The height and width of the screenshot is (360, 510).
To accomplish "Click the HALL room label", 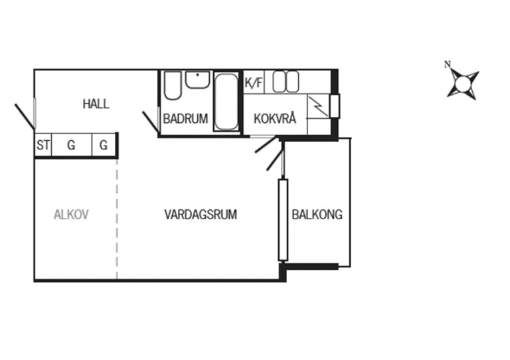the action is coord(96,104).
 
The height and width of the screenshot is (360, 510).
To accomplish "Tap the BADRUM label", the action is coord(185,119).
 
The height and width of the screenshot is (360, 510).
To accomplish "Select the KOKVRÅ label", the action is coord(275,119).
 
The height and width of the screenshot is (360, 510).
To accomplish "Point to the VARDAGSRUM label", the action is coord(201,215).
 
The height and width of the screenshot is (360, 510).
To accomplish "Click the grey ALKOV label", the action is coord(71,215).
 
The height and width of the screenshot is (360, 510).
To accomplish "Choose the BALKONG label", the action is coord(317,215).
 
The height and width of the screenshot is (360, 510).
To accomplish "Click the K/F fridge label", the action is coord(254,82).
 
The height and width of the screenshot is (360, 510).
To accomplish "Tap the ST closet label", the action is coord(43,145).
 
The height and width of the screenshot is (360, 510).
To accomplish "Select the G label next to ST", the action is coord(71,145).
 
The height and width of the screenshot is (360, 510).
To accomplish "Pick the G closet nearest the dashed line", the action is coord(104,145).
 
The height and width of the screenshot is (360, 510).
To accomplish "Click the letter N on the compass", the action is coord(448,64).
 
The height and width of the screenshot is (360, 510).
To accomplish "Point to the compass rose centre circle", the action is coord(463,84).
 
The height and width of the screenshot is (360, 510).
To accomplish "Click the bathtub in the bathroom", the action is coord(226,102).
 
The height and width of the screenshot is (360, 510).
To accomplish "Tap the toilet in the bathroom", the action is coord(173,85).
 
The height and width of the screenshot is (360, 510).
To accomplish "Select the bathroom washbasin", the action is coord(197,80).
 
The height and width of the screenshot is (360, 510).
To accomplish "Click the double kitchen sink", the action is coord(286,82).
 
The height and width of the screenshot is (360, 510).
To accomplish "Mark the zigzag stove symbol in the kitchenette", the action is coord(319,106).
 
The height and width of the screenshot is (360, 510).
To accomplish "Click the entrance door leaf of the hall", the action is coord(25,116).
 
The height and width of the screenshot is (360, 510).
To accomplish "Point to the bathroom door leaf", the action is coord(151,123).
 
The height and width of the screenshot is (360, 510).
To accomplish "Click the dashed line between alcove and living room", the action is coord(117,219).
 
